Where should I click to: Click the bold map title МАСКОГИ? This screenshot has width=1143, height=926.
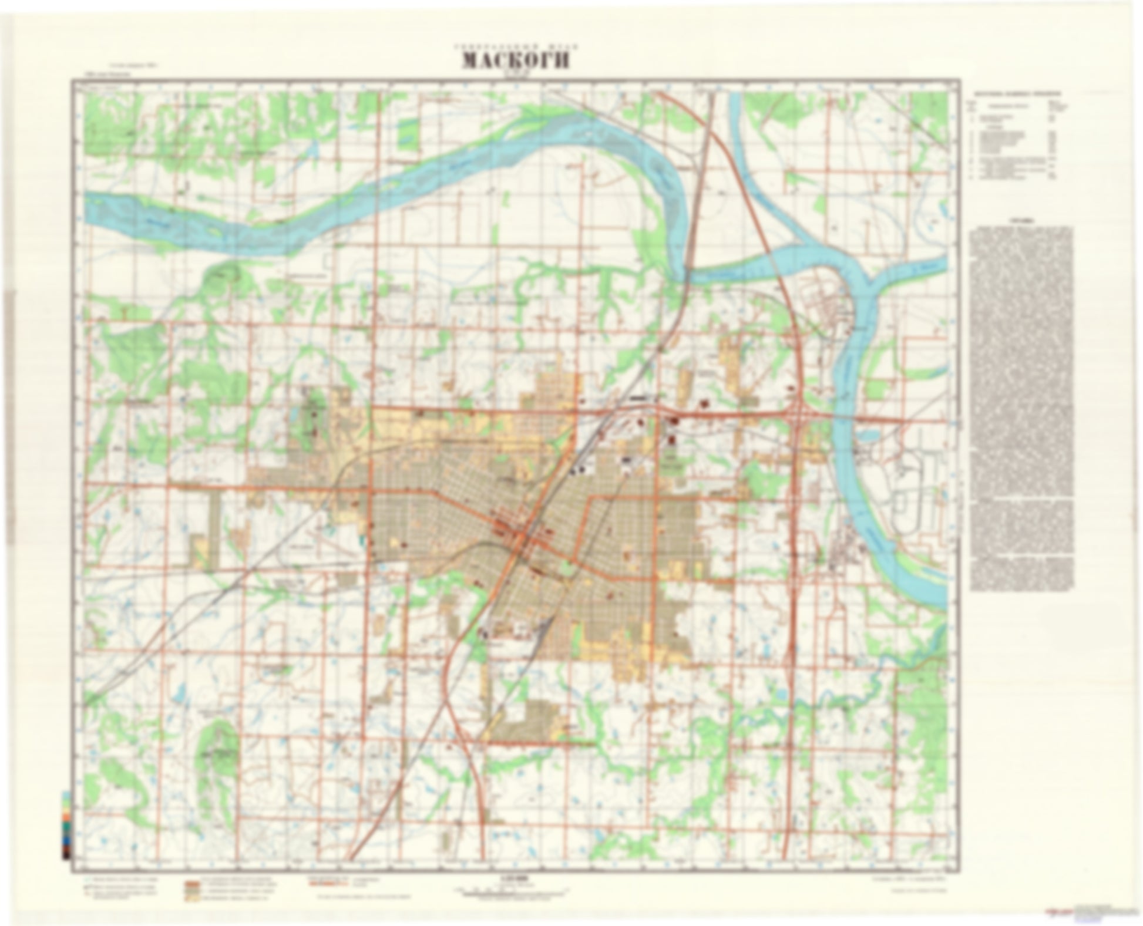[x=515, y=60]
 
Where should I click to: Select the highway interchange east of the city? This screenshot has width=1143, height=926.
[x=798, y=415]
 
